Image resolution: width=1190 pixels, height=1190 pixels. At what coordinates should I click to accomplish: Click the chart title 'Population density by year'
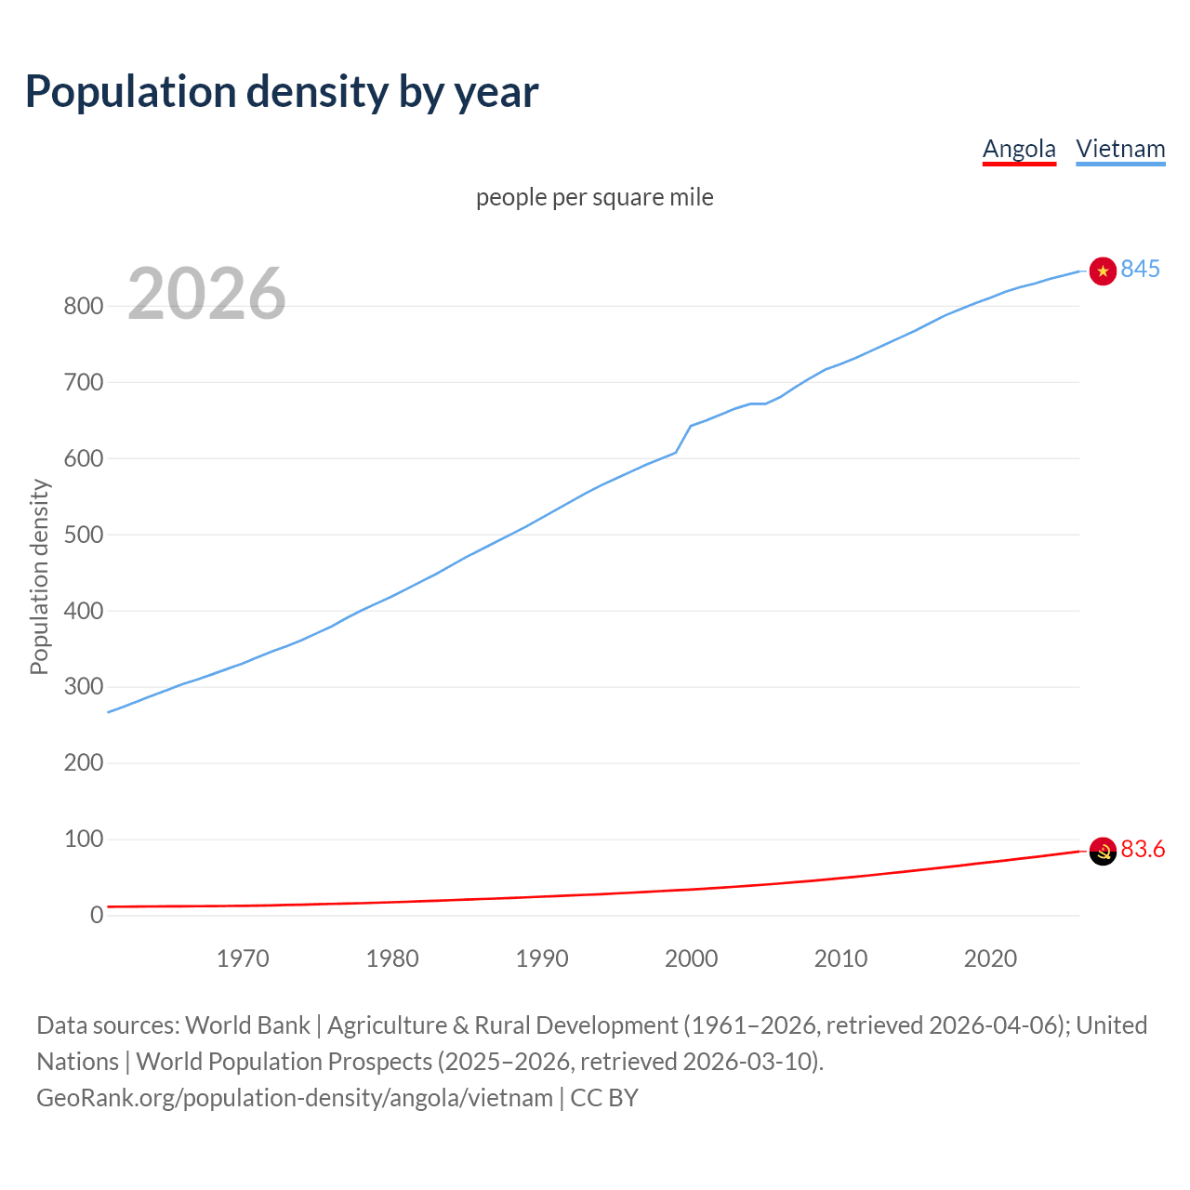pyautogui.click(x=282, y=91)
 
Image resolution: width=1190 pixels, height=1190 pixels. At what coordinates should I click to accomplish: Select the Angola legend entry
pyautogui.click(x=1019, y=149)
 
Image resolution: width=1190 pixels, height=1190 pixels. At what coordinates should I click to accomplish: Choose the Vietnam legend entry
pyautogui.click(x=1120, y=149)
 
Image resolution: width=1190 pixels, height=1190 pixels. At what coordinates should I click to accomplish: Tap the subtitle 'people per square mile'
pyautogui.click(x=594, y=197)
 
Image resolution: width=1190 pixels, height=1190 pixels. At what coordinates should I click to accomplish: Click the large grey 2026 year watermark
pyautogui.click(x=206, y=294)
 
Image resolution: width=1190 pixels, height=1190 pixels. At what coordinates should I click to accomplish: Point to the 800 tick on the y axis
pyautogui.click(x=83, y=306)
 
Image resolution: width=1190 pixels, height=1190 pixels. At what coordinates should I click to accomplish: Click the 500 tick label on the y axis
pyautogui.click(x=83, y=535)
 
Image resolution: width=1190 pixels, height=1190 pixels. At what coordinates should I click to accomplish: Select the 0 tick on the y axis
pyautogui.click(x=97, y=916)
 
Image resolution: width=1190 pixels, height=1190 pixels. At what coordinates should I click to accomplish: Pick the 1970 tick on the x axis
pyautogui.click(x=243, y=959)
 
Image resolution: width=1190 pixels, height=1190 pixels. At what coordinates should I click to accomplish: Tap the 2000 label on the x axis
pyautogui.click(x=691, y=959)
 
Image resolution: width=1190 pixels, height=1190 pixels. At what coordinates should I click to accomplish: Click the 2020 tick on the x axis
pyautogui.click(x=990, y=959)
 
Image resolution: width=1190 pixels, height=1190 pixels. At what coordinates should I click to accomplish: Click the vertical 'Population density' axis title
pyautogui.click(x=39, y=576)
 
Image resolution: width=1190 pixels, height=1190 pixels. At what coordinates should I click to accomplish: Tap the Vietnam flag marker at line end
pyautogui.click(x=1103, y=271)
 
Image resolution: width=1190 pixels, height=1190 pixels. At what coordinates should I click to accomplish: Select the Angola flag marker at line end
pyautogui.click(x=1103, y=851)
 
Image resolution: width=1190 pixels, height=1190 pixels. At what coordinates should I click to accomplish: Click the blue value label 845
pyautogui.click(x=1140, y=269)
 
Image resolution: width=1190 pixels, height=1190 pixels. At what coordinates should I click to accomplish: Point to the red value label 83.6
pyautogui.click(x=1143, y=849)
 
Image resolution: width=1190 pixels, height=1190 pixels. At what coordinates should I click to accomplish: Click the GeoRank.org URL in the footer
pyautogui.click(x=295, y=1098)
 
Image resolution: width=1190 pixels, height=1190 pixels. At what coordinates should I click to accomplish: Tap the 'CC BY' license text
pyautogui.click(x=604, y=1098)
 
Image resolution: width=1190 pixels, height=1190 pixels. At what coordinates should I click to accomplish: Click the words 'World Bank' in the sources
pyautogui.click(x=247, y=1025)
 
